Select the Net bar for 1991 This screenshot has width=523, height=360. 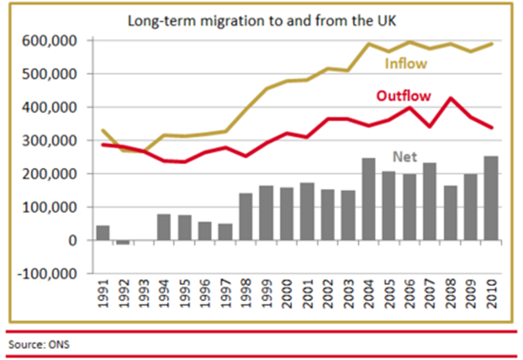pos(103,233)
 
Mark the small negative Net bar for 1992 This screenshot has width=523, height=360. pos(123,242)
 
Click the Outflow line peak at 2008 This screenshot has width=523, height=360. pos(451,99)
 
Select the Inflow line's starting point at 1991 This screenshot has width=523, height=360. pos(103,130)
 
